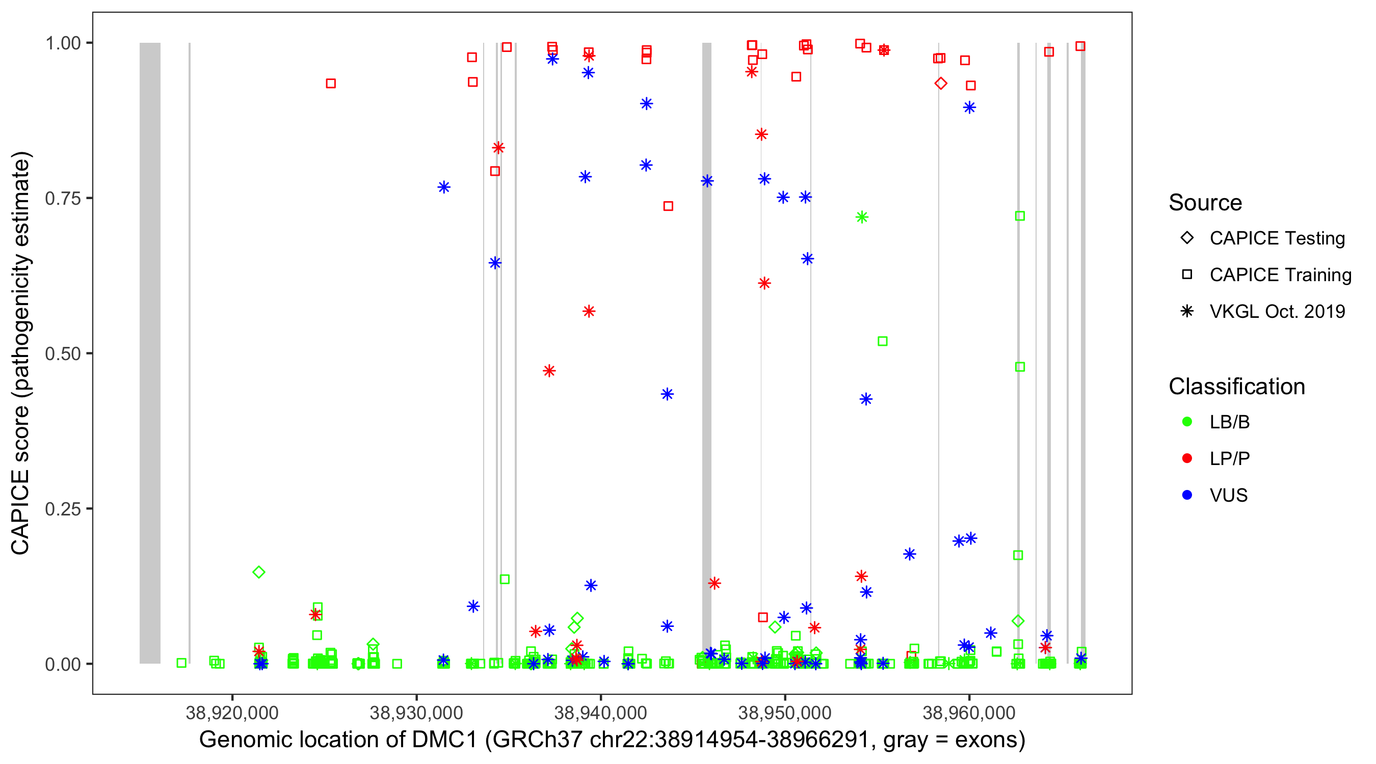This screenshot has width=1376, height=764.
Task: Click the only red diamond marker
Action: [x=941, y=84]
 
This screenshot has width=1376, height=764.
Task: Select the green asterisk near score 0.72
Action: [x=862, y=217]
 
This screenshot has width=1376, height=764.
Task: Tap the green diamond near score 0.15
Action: [x=258, y=572]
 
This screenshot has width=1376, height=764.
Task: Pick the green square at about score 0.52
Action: [x=883, y=341]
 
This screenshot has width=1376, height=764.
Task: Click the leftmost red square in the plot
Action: [x=331, y=84]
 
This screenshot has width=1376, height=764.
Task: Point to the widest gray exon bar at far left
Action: [x=150, y=352]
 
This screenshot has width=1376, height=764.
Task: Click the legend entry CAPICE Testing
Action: [x=1277, y=238]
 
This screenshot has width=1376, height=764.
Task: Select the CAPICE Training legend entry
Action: [x=1280, y=275]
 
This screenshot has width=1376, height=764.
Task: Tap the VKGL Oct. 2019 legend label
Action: [x=1277, y=311]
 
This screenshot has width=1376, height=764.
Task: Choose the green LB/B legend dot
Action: [x=1187, y=422]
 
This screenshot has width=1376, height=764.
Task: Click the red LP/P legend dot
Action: [x=1187, y=458]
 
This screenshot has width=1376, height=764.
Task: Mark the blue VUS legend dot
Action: [x=1187, y=495]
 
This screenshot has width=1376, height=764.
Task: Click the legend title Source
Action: [x=1205, y=203]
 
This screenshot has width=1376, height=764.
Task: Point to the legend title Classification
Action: [x=1236, y=387]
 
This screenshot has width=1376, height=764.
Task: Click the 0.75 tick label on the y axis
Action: [x=62, y=198]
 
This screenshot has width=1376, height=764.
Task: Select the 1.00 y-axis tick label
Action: [x=62, y=43]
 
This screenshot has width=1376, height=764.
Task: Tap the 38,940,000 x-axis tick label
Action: [x=600, y=713]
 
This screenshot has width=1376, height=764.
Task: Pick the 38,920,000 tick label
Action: [x=232, y=713]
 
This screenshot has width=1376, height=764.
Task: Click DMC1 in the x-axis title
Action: [x=444, y=740]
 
